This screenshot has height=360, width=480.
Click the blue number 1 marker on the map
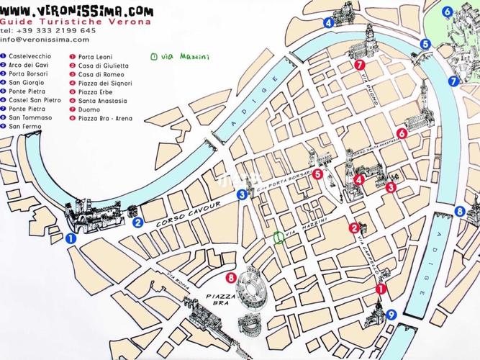click(x=70, y=237)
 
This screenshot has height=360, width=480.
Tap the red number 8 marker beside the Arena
click(x=230, y=278)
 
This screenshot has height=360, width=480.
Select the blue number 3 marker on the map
click(x=243, y=194)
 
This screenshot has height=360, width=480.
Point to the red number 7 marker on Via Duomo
click(x=358, y=65)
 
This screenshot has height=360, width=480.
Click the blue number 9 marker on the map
click(x=391, y=314)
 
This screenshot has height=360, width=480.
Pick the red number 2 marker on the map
click(x=353, y=229)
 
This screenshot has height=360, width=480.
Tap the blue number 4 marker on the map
click(x=328, y=22)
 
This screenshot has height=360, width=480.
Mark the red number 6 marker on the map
click(x=402, y=133)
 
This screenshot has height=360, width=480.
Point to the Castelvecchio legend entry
click(x=28, y=55)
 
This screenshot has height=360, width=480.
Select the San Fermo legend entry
click(x=23, y=127)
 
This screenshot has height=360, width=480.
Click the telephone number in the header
click(x=48, y=31)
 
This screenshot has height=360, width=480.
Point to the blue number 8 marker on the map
click(x=459, y=211)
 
